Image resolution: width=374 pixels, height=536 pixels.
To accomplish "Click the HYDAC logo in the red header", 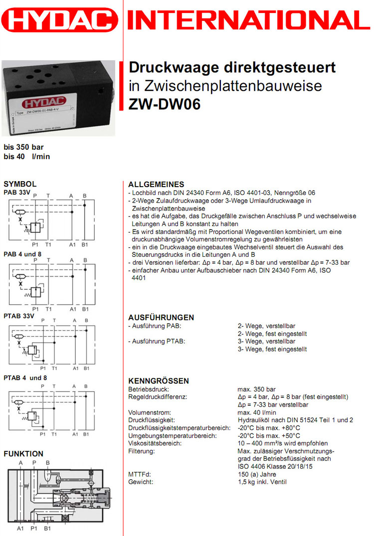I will (60, 21).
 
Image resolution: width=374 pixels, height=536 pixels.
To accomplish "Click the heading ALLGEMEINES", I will (156, 184).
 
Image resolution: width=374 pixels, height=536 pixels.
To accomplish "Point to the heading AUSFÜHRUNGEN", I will (161, 318).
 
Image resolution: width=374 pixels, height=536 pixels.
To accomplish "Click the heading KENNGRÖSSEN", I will (159, 381).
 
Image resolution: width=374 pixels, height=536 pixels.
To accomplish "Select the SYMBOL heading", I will (20, 184).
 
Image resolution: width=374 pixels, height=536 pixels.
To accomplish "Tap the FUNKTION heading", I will (23, 453).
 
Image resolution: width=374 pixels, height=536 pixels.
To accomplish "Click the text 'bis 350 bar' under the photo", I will (23, 147).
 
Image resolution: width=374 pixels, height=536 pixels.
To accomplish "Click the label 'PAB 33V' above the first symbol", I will (17, 192).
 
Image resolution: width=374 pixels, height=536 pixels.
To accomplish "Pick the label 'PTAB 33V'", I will (19, 316).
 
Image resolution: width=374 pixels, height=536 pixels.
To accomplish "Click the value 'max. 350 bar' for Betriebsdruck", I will (256, 389).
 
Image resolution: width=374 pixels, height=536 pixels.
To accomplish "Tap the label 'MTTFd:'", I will (139, 474).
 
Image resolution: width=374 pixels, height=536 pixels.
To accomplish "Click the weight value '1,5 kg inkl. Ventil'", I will (262, 482).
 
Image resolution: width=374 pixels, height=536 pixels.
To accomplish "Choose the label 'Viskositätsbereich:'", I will (155, 443).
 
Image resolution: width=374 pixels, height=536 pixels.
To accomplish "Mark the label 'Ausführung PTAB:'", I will (157, 341).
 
